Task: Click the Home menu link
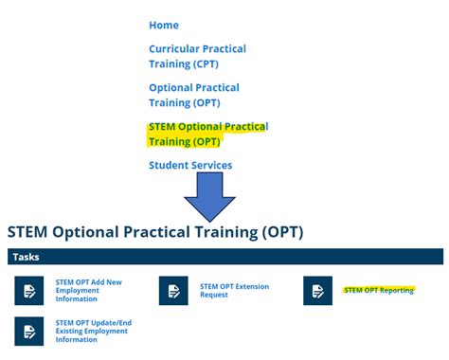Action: [x=163, y=25]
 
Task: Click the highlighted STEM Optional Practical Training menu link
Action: [x=208, y=135]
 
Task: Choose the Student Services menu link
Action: [x=190, y=165]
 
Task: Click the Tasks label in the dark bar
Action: [x=26, y=257]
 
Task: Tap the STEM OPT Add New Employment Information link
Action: [x=90, y=291]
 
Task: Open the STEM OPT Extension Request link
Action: [x=234, y=291]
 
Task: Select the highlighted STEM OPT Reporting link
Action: [x=378, y=290]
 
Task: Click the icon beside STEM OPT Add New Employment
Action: [x=29, y=291]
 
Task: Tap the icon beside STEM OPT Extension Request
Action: [x=173, y=291]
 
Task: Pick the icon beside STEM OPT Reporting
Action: [x=317, y=291]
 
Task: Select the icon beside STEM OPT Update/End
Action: [x=29, y=331]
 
